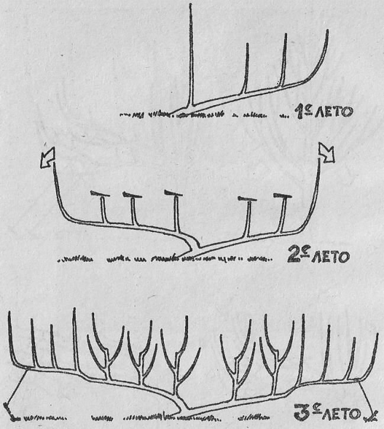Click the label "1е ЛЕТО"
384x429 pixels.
324,112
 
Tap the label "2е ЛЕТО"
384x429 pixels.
318,256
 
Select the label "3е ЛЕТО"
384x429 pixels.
327,412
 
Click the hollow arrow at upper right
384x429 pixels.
327,154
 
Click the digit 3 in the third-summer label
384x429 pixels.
302,413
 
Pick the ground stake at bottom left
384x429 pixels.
8,411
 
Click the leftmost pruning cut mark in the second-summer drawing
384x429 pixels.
100,194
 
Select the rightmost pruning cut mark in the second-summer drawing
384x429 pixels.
283,196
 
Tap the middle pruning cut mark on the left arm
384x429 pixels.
133,195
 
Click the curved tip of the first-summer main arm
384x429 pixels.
327,32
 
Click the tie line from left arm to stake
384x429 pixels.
17,386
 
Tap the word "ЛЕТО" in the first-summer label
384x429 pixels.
334,112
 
